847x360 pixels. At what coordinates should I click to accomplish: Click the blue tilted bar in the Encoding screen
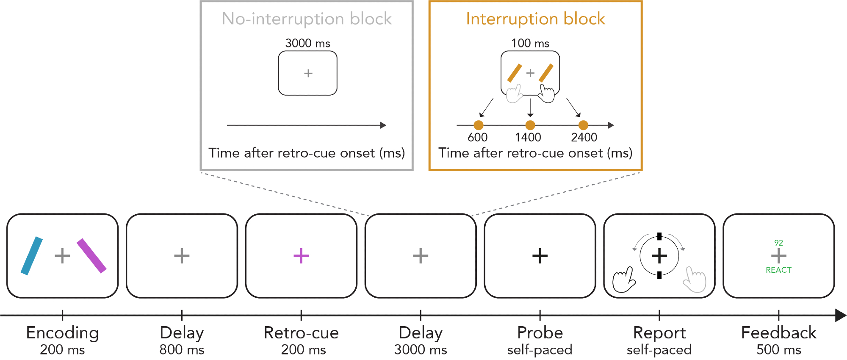pos(32,256)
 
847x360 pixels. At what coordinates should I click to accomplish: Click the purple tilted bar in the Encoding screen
pos(91,255)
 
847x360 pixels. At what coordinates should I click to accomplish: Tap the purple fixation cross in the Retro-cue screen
pos(301,256)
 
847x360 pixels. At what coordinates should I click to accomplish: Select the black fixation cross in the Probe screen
pos(540,256)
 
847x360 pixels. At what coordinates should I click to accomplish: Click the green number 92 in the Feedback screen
pos(778,243)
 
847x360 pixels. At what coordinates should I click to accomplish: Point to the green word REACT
pos(778,270)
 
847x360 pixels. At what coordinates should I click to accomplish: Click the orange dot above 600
pos(479,125)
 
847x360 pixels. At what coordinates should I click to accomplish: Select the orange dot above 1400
pos(530,125)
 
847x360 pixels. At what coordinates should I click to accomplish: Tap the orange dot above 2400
pos(583,125)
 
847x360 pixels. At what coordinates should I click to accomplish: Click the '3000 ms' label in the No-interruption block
pos(307,43)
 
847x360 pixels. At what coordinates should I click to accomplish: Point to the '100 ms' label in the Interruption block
pos(530,43)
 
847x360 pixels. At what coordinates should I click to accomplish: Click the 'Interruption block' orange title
pos(535,19)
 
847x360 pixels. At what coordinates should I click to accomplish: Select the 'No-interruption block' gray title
pos(307,19)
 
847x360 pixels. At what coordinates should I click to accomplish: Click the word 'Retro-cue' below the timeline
pos(301,333)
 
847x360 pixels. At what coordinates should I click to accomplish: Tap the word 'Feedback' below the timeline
pos(778,333)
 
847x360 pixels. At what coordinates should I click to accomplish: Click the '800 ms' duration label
pos(182,350)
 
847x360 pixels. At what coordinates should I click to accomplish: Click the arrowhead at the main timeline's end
pos(840,315)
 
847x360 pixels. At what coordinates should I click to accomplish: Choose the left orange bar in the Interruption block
pos(515,73)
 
